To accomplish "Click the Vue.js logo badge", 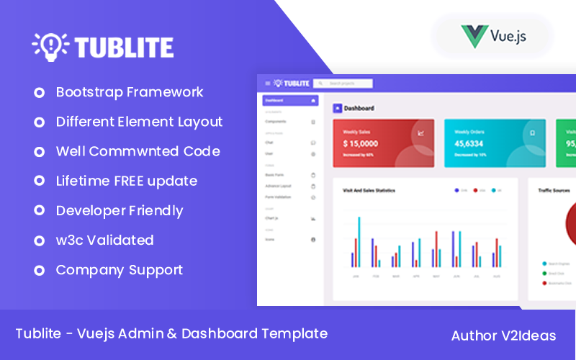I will [493, 35].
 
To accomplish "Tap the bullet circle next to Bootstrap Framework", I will [39, 93].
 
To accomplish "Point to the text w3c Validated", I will [104, 240].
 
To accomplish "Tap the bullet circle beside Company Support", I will [39, 271].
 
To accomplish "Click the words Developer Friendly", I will [120, 210].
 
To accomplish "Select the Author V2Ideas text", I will [503, 336].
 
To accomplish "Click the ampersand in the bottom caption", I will [170, 333].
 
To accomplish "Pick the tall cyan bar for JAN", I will [359, 242].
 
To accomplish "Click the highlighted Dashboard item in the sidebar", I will [289, 101].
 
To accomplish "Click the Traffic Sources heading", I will [554, 191].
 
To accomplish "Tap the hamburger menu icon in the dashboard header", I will [268, 84].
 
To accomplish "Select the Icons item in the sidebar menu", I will [270, 239].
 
